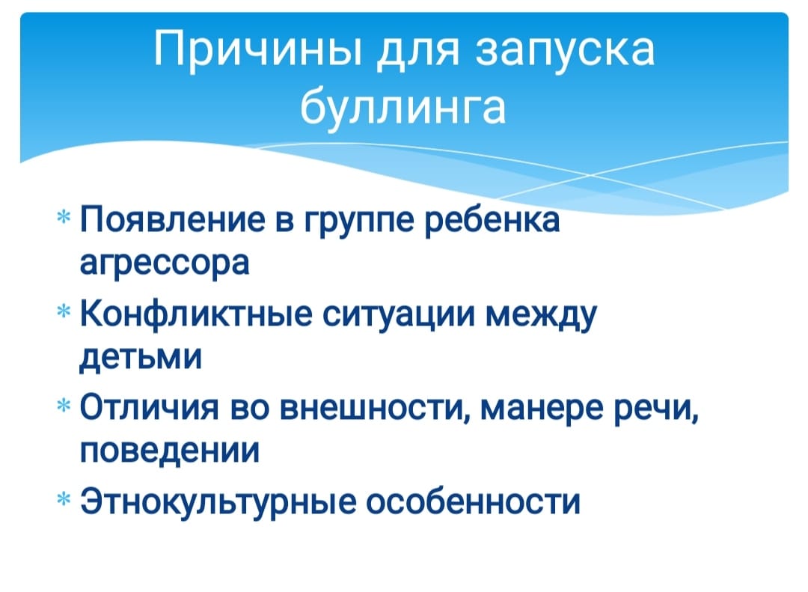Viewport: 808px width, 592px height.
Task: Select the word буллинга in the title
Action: point(403,109)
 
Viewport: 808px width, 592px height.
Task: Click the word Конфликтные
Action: point(196,315)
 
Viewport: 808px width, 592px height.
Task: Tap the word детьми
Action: point(141,358)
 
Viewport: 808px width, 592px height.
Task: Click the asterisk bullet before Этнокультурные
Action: point(64,498)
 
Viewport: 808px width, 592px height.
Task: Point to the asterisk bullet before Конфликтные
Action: point(64,311)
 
